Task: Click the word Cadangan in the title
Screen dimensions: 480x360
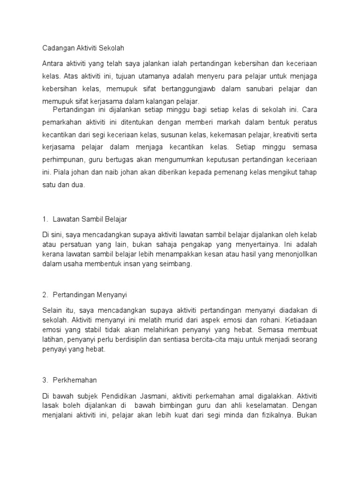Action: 57,48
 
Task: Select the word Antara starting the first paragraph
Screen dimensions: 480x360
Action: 53,63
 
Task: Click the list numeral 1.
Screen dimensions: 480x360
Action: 44,219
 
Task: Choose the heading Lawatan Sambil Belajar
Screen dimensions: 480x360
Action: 90,219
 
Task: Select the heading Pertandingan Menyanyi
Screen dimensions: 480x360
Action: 90,295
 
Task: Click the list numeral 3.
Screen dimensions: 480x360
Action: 44,380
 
